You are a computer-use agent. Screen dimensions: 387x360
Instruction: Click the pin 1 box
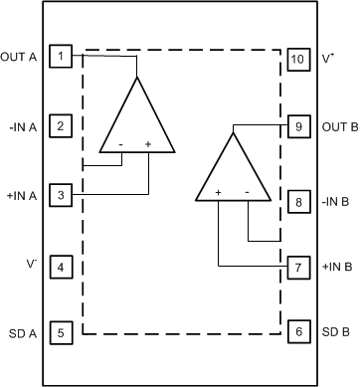pyautogui.click(x=62, y=57)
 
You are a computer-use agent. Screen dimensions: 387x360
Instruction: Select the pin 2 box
pyautogui.click(x=62, y=126)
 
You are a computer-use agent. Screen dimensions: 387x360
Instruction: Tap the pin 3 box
pyautogui.click(x=62, y=195)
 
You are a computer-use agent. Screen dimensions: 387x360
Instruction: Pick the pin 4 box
pyautogui.click(x=62, y=266)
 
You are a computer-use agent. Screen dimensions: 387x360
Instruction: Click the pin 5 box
pyautogui.click(x=62, y=333)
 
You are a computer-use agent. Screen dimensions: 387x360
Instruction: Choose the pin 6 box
pyautogui.click(x=297, y=333)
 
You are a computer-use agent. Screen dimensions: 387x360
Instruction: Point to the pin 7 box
pyautogui.click(x=297, y=267)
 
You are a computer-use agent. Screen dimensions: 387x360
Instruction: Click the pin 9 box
pyautogui.click(x=297, y=126)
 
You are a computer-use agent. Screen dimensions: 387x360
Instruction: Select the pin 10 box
pyautogui.click(x=297, y=58)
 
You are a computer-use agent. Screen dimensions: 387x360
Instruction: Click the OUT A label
pyautogui.click(x=20, y=57)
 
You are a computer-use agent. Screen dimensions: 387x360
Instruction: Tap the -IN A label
pyautogui.click(x=22, y=126)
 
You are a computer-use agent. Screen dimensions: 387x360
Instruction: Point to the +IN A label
pyautogui.click(x=21, y=196)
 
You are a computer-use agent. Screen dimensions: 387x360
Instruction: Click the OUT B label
pyautogui.click(x=339, y=127)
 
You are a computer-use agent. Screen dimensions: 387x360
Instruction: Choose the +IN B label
pyautogui.click(x=336, y=267)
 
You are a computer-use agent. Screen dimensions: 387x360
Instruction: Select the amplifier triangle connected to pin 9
pyautogui.click(x=233, y=172)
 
